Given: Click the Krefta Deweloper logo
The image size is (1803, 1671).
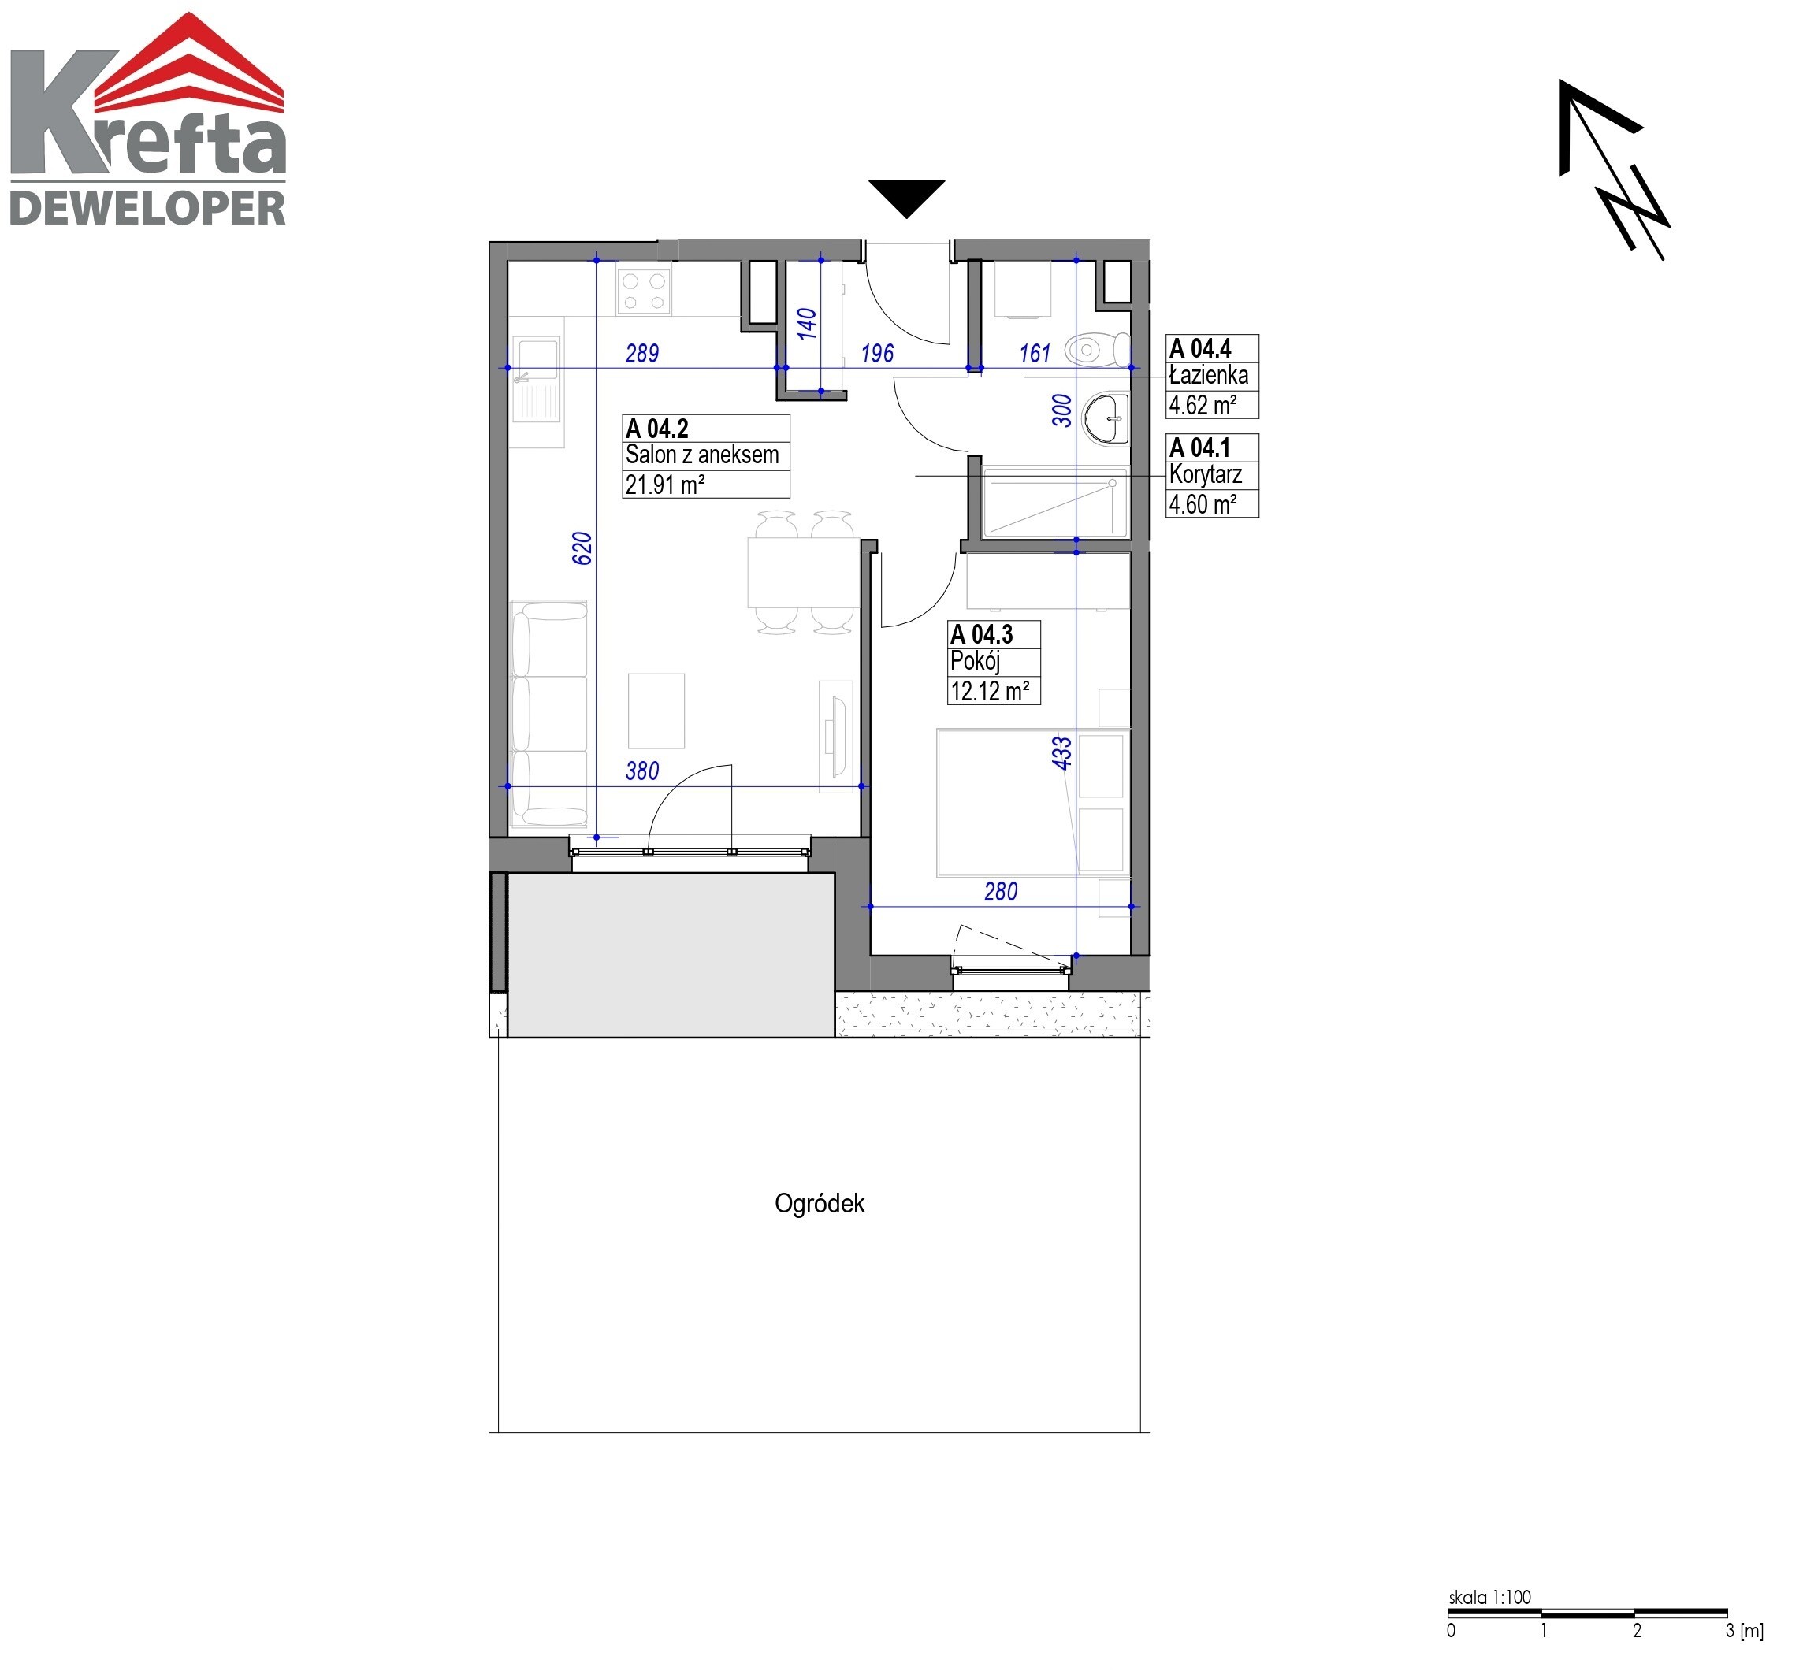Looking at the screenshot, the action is pyautogui.click(x=148, y=120).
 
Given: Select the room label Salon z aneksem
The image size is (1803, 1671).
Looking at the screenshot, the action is pyautogui.click(x=701, y=455).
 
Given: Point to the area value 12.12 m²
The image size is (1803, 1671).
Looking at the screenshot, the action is pyautogui.click(x=989, y=691).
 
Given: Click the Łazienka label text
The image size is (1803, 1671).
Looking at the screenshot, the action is pyautogui.click(x=1208, y=375).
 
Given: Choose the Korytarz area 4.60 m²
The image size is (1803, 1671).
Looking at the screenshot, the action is pyautogui.click(x=1203, y=503).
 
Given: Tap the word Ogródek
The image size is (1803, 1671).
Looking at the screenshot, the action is pyautogui.click(x=820, y=1204).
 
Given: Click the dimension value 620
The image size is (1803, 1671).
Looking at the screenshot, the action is pyautogui.click(x=582, y=548).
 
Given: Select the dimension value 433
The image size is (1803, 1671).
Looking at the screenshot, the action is pyautogui.click(x=1061, y=752).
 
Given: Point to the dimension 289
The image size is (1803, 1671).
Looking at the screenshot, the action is pyautogui.click(x=642, y=354).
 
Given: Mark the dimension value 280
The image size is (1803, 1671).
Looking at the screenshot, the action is pyautogui.click(x=1000, y=892).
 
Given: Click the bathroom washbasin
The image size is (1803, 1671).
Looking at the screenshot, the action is pyautogui.click(x=1106, y=418).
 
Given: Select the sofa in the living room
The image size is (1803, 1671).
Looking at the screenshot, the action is pyautogui.click(x=548, y=715).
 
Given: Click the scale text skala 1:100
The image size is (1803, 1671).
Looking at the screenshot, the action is pyautogui.click(x=1490, y=1598).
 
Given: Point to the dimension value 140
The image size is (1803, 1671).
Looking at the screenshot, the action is pyautogui.click(x=807, y=323).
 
